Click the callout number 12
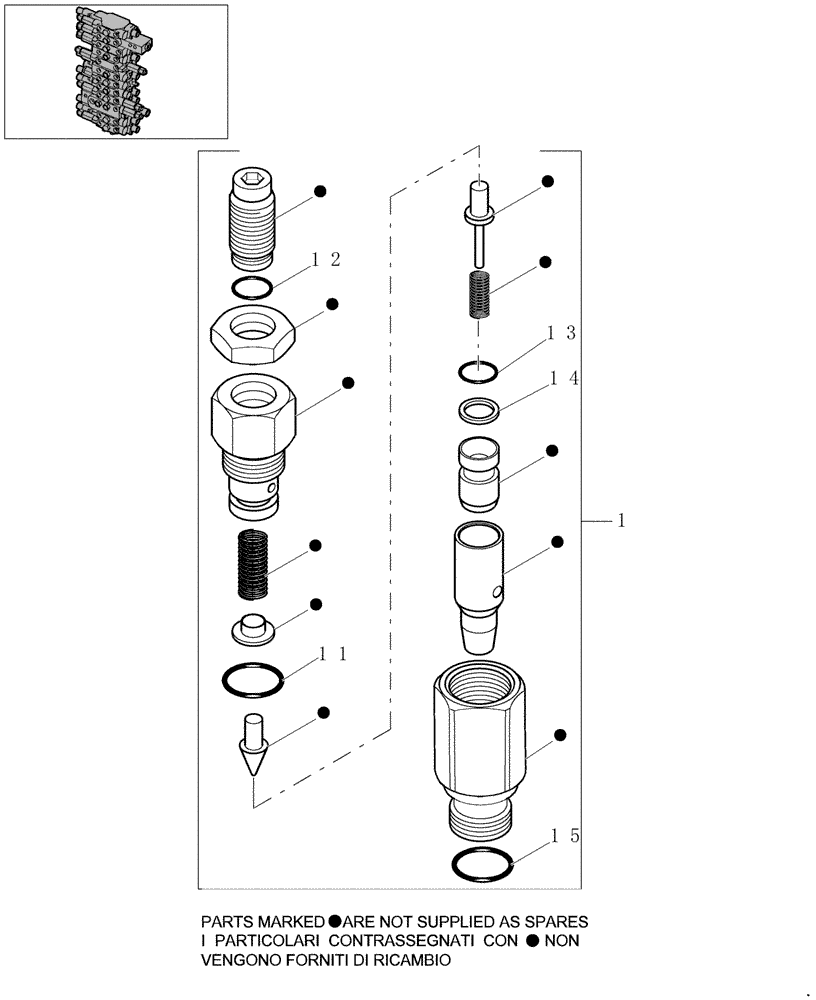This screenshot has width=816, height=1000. click(x=326, y=260)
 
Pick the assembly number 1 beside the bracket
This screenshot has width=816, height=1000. click(x=622, y=520)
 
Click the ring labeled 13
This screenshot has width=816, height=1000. click(x=478, y=373)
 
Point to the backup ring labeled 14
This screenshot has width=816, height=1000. click(x=479, y=410)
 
